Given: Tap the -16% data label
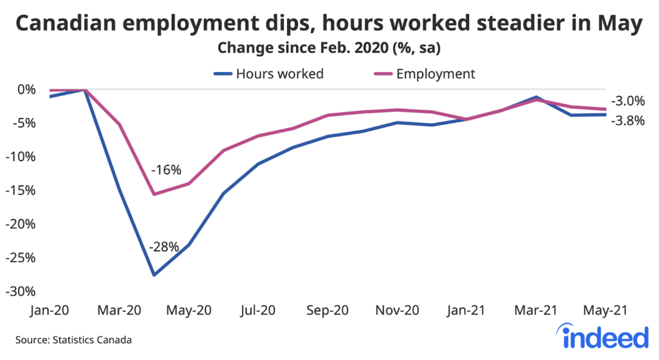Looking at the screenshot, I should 166,171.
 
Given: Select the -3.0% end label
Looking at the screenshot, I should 626,101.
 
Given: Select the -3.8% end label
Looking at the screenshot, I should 626,120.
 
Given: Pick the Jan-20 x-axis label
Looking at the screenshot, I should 50,310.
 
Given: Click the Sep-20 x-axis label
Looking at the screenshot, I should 328,310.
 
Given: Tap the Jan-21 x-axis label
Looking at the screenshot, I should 467,310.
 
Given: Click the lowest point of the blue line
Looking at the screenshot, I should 154,275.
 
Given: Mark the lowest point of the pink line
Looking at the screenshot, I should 154,194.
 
